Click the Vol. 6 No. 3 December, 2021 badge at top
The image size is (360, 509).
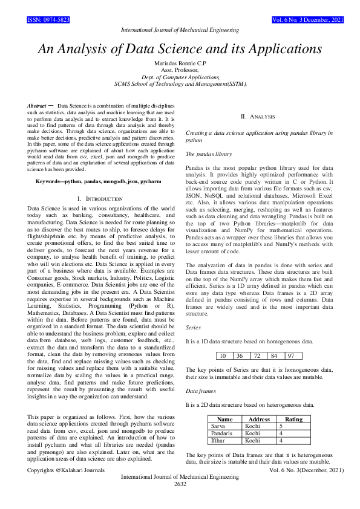(309, 20)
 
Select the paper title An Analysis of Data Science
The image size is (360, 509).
(180, 49)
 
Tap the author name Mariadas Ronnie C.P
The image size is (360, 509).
(180, 63)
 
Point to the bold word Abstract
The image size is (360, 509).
(37, 106)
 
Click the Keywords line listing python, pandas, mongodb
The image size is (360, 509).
(99, 181)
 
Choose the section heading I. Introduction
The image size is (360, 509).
(100, 199)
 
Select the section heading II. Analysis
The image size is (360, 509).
(258, 116)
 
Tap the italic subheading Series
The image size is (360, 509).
(193, 326)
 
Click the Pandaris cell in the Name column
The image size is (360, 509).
(221, 433)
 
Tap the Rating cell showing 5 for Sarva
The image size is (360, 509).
(282, 426)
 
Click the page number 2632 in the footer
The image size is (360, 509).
(180, 484)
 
